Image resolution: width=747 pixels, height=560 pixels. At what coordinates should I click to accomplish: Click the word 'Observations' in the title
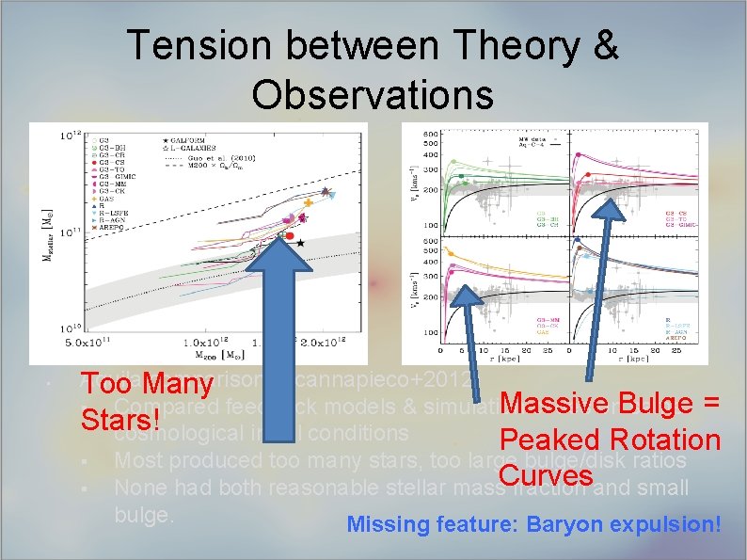[x=373, y=94]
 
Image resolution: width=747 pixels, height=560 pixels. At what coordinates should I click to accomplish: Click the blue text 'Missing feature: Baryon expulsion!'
[x=533, y=524]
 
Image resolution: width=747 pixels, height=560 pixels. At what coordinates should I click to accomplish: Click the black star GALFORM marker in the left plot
[x=300, y=243]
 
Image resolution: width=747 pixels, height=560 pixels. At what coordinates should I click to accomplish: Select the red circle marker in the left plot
[x=290, y=235]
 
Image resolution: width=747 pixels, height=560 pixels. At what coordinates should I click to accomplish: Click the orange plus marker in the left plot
[x=308, y=202]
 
